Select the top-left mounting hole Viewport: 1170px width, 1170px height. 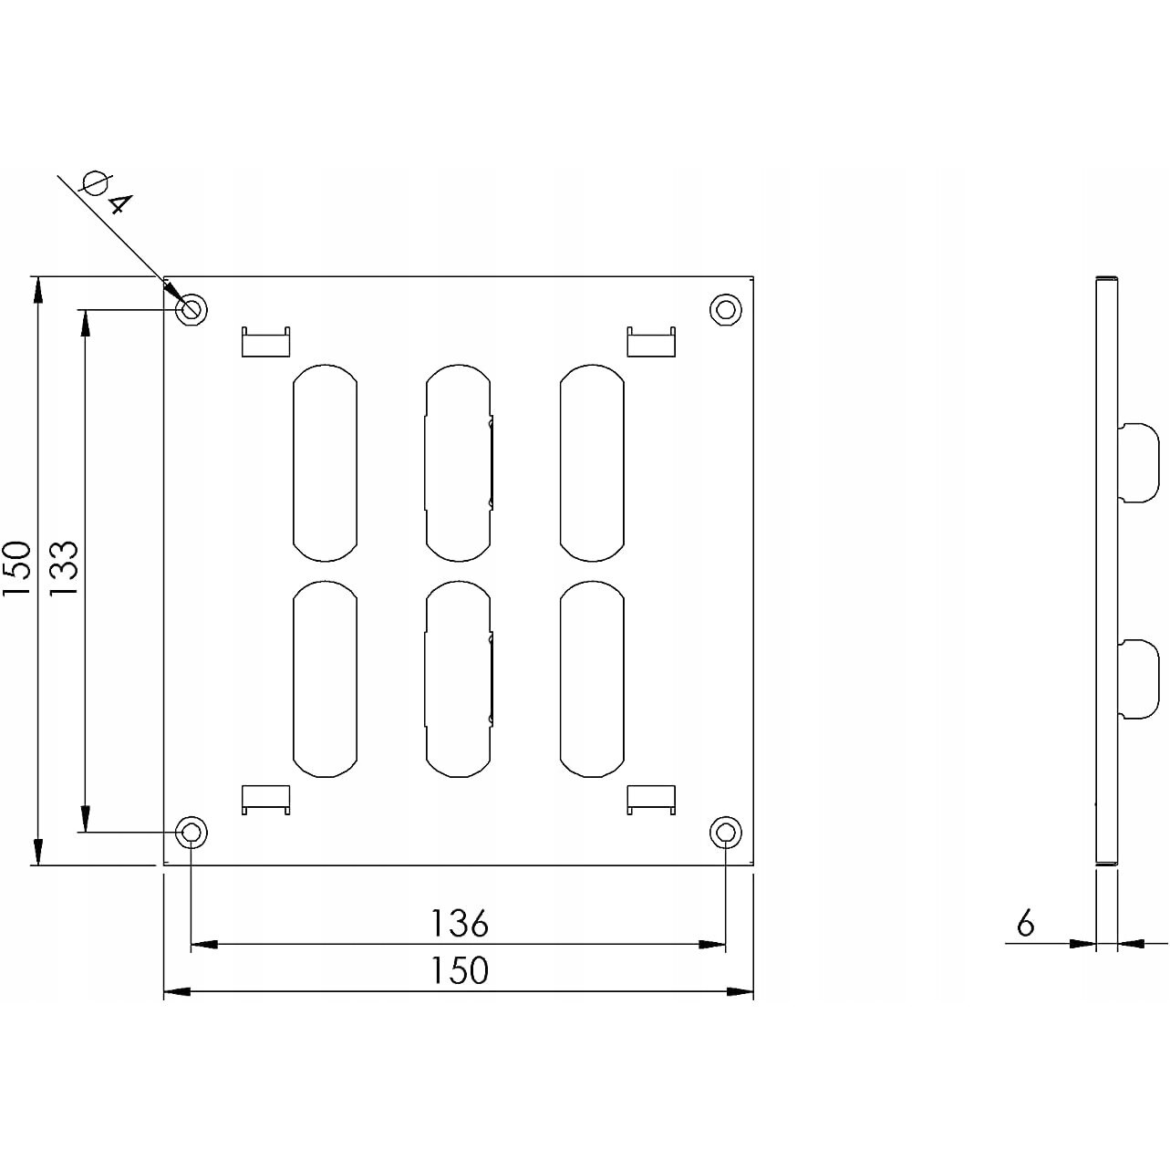(192, 309)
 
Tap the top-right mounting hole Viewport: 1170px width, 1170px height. (725, 309)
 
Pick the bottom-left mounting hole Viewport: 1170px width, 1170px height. (192, 832)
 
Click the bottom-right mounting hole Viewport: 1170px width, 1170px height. (725, 832)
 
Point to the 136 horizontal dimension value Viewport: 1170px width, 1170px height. (460, 924)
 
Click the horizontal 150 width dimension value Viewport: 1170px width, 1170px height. (460, 970)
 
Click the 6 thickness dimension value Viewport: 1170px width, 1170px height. (1026, 925)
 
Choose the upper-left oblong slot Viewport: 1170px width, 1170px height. (325, 463)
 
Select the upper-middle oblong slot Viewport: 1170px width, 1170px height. (459, 463)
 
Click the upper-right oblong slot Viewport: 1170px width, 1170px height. (592, 463)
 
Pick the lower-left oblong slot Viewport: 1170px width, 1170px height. (325, 679)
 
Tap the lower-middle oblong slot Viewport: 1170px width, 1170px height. (459, 679)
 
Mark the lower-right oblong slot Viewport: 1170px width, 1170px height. (592, 679)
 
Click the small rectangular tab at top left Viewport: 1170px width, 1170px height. (265, 342)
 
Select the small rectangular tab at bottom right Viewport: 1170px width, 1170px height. (652, 799)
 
